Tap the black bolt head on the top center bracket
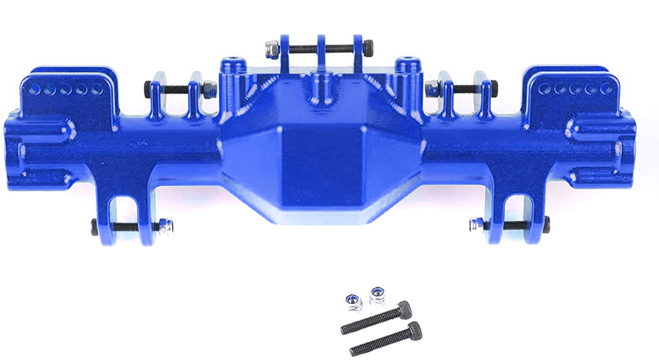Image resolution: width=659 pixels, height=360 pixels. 368,48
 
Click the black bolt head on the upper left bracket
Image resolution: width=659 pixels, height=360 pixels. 148,86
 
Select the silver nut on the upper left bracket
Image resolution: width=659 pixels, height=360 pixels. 208,88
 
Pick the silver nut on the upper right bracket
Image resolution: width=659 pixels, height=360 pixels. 433,87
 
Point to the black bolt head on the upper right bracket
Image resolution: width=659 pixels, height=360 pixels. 494,86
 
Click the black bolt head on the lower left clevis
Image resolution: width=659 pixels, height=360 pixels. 95,227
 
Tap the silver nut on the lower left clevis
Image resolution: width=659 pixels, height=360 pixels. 169,226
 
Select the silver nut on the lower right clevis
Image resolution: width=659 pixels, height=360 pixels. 474,225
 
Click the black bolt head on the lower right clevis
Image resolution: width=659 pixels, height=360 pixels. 546,225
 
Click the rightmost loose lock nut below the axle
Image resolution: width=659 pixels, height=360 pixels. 377,295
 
